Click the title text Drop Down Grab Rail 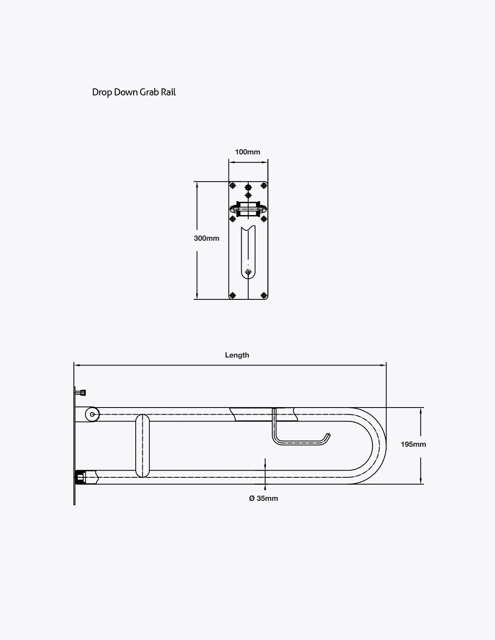(x=134, y=92)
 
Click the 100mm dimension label (x=247, y=152)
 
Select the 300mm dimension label (x=206, y=238)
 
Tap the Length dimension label (x=237, y=355)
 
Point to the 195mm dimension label (x=413, y=444)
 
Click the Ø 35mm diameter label (x=264, y=498)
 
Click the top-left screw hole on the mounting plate (x=233, y=185)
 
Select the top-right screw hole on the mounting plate (x=264, y=185)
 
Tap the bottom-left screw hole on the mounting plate (x=233, y=295)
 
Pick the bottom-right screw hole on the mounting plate (x=264, y=295)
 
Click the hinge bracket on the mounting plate (x=248, y=209)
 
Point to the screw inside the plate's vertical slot (x=248, y=272)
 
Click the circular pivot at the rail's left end (x=92, y=414)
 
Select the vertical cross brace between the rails (x=142, y=446)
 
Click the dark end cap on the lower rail (x=80, y=478)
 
